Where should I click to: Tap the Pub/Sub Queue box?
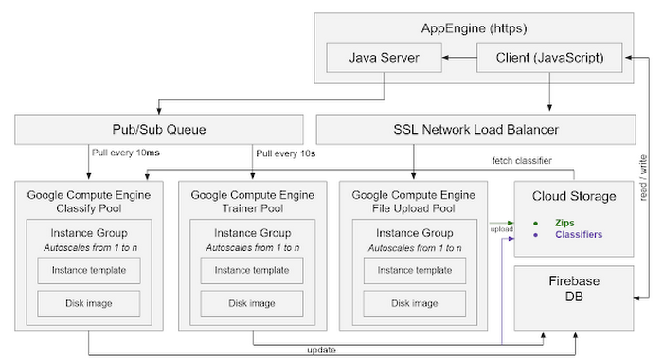tap(153, 129)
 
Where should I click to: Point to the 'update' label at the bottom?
tap(320, 350)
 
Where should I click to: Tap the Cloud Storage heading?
tap(574, 196)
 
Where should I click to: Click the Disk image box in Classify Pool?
tap(89, 304)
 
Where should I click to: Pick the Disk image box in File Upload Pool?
tap(413, 304)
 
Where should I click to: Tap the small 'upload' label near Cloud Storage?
tap(501, 228)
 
